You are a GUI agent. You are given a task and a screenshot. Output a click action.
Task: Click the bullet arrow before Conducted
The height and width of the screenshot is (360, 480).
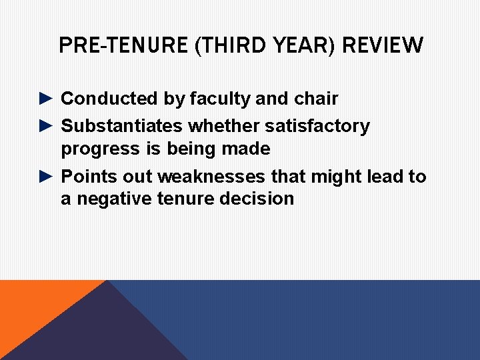coord(45,99)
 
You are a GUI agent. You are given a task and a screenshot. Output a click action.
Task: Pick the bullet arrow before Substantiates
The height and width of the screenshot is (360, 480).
coord(45,125)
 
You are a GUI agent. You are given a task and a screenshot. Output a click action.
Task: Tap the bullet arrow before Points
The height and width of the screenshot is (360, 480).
coord(45,176)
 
